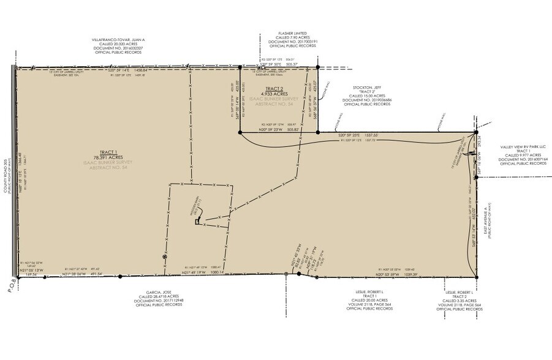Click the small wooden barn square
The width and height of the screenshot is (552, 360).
[x=197, y=223]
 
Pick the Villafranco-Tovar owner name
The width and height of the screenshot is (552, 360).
[x=118, y=39]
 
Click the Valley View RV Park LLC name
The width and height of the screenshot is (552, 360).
[x=523, y=146]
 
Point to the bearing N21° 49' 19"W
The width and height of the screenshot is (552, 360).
[x=199, y=274]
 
